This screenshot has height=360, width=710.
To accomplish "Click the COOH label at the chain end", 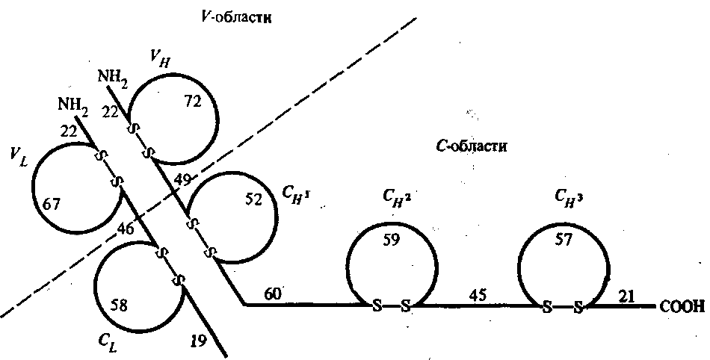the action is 682,306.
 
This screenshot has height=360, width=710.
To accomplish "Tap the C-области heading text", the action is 472,146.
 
